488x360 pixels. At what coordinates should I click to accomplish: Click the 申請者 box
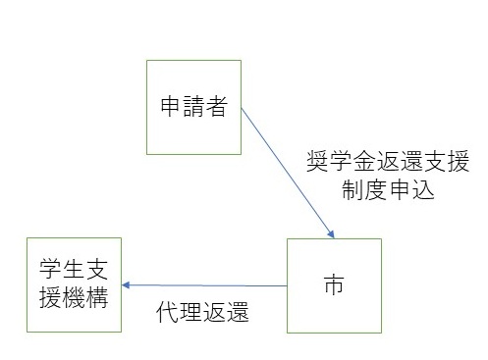pos(193,107)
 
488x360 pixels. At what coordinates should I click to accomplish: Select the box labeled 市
pos(333,286)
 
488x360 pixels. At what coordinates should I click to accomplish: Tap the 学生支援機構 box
pos(75,284)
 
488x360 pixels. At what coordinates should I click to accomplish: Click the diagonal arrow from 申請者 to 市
pos(285,166)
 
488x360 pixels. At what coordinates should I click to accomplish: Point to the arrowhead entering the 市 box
pos(332,234)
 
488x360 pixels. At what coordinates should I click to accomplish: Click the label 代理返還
pos(203,314)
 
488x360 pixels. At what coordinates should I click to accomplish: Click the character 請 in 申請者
pos(193,107)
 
